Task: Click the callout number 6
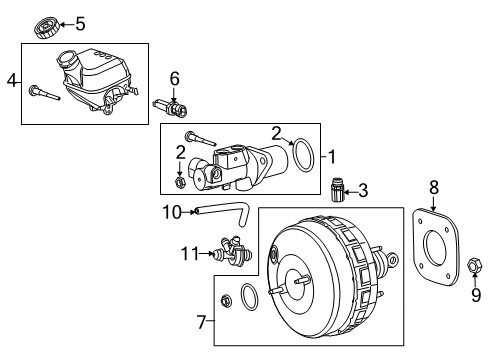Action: tap(173, 78)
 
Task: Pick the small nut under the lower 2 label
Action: tap(179, 181)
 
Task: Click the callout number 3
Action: tap(363, 189)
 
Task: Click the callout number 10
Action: tap(172, 211)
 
